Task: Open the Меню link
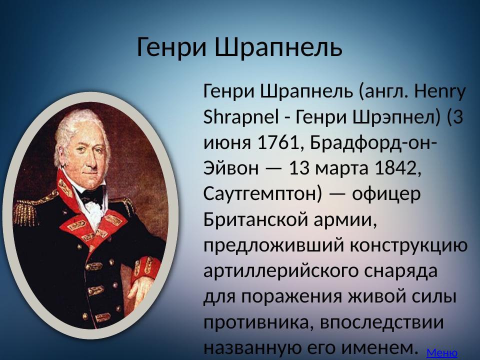[x=441, y=353]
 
